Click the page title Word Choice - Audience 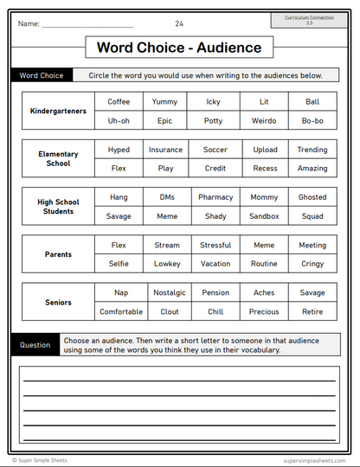point(179,47)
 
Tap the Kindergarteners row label point(59,112)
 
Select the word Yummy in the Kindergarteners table point(164,102)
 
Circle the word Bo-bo point(312,121)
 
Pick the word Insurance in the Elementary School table point(166,150)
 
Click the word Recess point(265,169)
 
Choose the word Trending point(312,150)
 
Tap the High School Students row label point(59,207)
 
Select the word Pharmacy point(215,197)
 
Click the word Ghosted point(312,197)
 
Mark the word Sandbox point(265,216)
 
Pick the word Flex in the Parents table point(119,245)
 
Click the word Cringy point(312,264)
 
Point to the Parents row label point(59,254)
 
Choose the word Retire point(312,312)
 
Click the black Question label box point(35,345)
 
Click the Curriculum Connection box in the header point(308,20)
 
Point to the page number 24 point(179,23)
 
